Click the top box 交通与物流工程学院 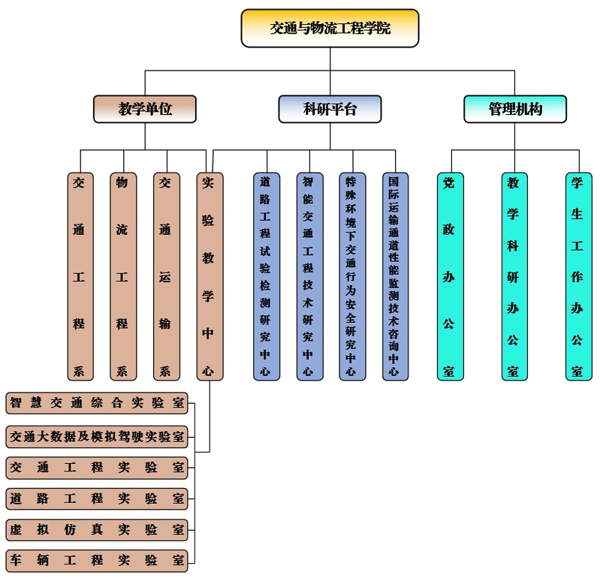click(x=330, y=29)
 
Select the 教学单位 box click(x=145, y=109)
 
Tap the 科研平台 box click(x=330, y=109)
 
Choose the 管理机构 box click(x=514, y=109)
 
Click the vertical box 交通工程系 click(x=79, y=276)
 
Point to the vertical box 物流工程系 click(x=122, y=276)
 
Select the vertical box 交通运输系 click(x=165, y=276)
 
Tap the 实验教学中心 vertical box click(x=209, y=276)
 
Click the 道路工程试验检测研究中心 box click(x=265, y=276)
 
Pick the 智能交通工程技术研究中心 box click(x=308, y=276)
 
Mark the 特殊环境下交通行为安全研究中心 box click(x=351, y=276)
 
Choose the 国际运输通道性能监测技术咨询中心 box click(x=394, y=276)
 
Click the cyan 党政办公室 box click(x=449, y=276)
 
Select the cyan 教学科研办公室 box click(x=514, y=276)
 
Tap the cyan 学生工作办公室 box click(x=577, y=276)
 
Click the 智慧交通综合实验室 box click(x=97, y=402)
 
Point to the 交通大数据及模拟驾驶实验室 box click(x=97, y=435)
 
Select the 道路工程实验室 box click(x=97, y=498)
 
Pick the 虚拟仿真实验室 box click(x=97, y=529)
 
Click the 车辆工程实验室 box click(x=97, y=560)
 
